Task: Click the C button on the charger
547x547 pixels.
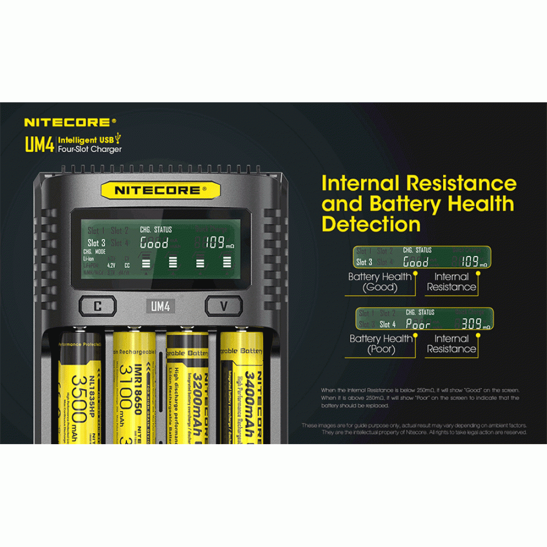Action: (x=97, y=306)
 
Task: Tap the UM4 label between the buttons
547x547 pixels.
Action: (x=160, y=306)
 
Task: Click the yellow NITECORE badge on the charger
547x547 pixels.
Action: (x=160, y=190)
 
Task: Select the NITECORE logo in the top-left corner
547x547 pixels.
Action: (x=70, y=123)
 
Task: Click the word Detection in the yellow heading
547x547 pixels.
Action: (x=371, y=224)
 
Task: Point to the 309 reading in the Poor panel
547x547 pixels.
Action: (x=471, y=324)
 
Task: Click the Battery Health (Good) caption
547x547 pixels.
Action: (x=380, y=282)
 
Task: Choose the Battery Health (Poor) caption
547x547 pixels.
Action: (x=381, y=344)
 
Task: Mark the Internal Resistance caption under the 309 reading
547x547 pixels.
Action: (x=451, y=344)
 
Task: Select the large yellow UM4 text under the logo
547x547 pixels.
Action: (x=39, y=144)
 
